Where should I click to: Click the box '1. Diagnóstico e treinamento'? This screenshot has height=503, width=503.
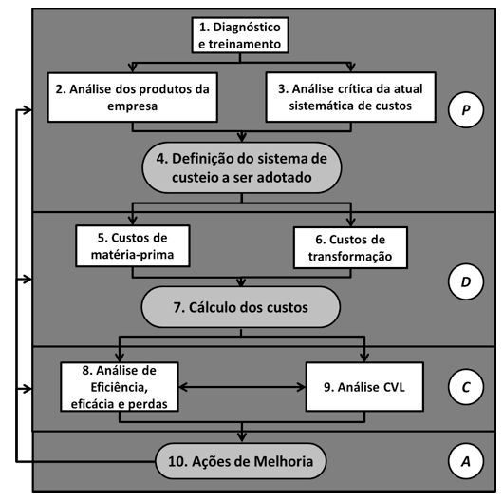(x=240, y=35)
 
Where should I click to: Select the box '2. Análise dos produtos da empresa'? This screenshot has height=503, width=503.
(x=133, y=97)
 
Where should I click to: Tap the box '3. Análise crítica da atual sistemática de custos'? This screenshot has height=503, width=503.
(x=350, y=97)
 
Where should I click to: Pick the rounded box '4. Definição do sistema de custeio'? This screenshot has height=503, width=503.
(x=242, y=167)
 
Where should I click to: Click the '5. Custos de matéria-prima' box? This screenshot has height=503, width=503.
(x=133, y=246)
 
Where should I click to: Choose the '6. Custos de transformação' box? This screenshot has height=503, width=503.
(x=350, y=247)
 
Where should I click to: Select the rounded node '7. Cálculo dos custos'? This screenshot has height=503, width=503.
(x=241, y=307)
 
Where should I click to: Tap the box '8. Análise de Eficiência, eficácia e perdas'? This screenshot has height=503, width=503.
(x=120, y=387)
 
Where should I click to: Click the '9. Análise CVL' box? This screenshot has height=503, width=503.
(x=364, y=387)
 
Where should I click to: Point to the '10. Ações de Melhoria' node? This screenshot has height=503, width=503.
(x=241, y=461)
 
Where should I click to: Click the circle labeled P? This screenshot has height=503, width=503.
(x=465, y=110)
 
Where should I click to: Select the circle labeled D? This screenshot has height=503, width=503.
(x=465, y=281)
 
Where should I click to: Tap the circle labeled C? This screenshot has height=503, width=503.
(x=465, y=387)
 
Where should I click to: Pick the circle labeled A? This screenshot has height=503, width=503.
(x=465, y=461)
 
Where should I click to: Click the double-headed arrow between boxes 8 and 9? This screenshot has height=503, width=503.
(x=242, y=387)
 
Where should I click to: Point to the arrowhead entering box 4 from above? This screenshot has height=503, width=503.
(x=242, y=138)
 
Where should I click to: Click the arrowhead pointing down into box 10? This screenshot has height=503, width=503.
(x=242, y=437)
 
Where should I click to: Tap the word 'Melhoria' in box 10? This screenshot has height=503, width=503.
(x=283, y=461)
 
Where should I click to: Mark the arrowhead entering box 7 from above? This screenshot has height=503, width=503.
(x=241, y=282)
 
